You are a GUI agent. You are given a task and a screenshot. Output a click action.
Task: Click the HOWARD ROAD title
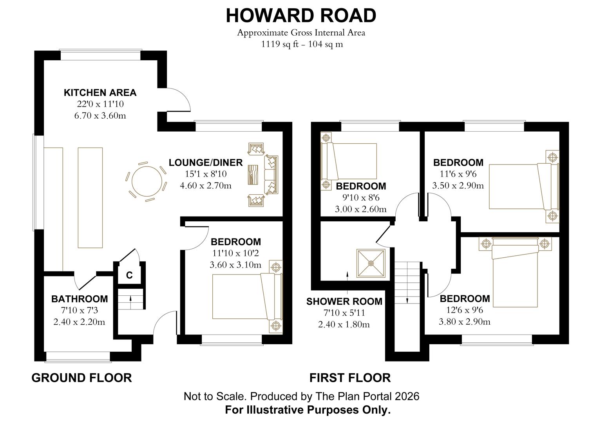tap(300, 16)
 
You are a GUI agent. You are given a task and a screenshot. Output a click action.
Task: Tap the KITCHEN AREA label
tap(100, 93)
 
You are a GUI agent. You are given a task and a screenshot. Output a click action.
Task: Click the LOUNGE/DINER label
tap(206, 163)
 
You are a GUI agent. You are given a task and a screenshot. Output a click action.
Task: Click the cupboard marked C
tap(129, 275)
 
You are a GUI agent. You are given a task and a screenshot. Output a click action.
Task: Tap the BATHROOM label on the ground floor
tap(80, 299)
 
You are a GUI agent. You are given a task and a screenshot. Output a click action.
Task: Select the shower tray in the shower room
tap(371, 263)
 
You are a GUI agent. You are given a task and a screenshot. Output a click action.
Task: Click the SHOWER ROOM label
tap(344, 302)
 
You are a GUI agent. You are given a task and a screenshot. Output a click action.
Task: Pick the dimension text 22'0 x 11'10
tap(100, 104)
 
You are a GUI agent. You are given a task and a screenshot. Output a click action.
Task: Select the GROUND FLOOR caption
tap(81, 378)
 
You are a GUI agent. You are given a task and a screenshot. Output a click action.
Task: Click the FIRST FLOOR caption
tap(350, 378)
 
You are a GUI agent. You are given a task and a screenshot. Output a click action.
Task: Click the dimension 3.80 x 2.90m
tap(464, 322)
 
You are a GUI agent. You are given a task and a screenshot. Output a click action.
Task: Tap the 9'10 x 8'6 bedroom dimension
tap(360, 198)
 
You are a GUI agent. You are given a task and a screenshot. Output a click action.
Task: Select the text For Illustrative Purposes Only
tap(308, 410)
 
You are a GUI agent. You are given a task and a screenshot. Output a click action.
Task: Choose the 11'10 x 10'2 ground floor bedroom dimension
tap(235, 253)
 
